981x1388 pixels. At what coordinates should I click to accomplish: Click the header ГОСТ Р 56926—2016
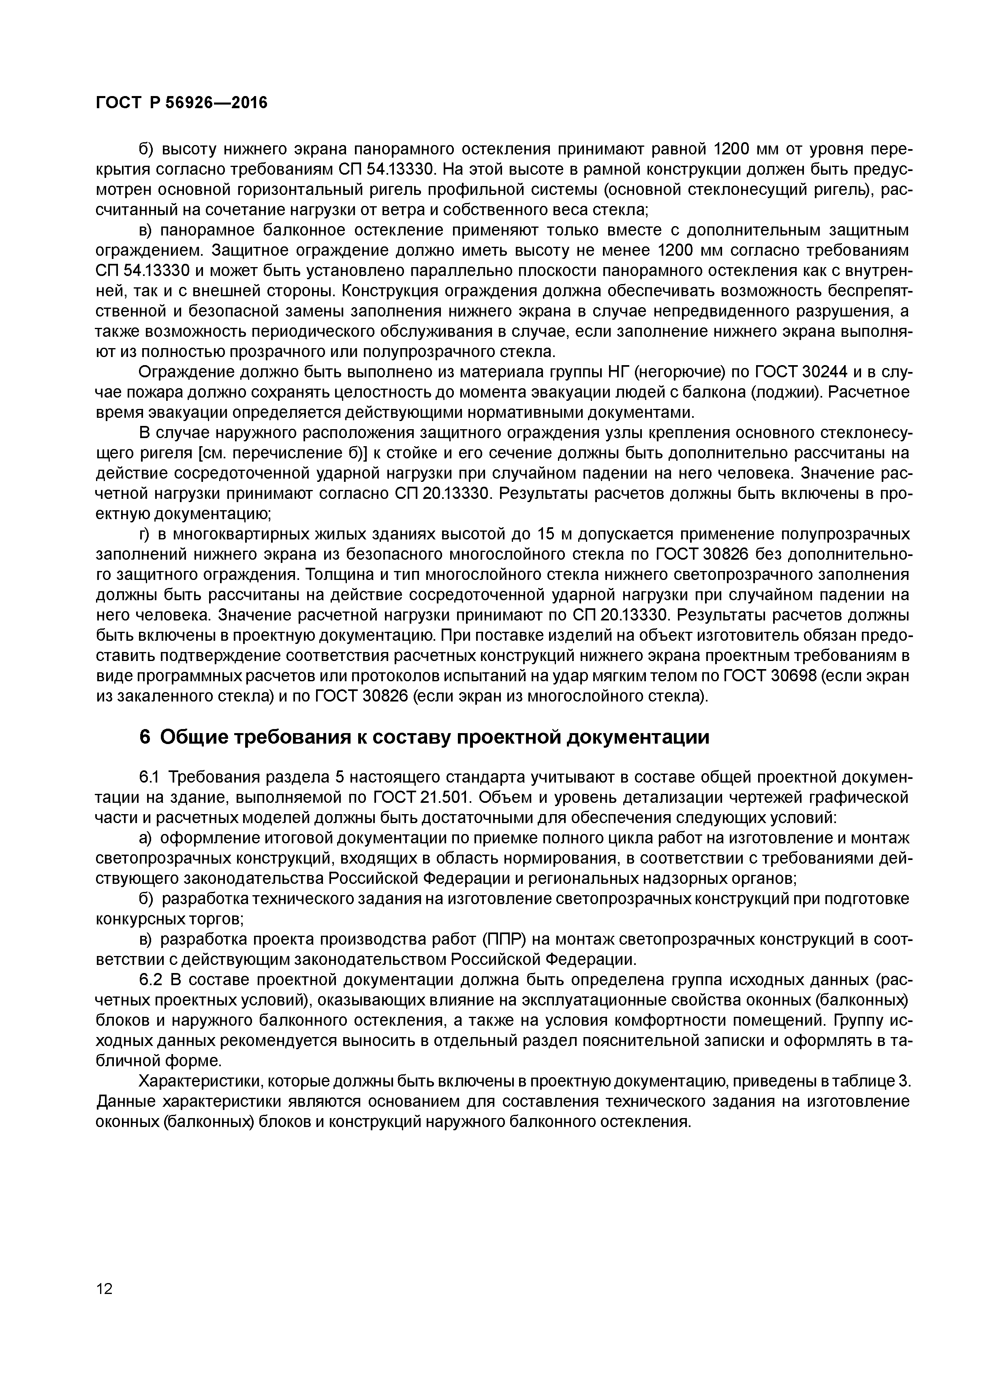click(182, 103)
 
